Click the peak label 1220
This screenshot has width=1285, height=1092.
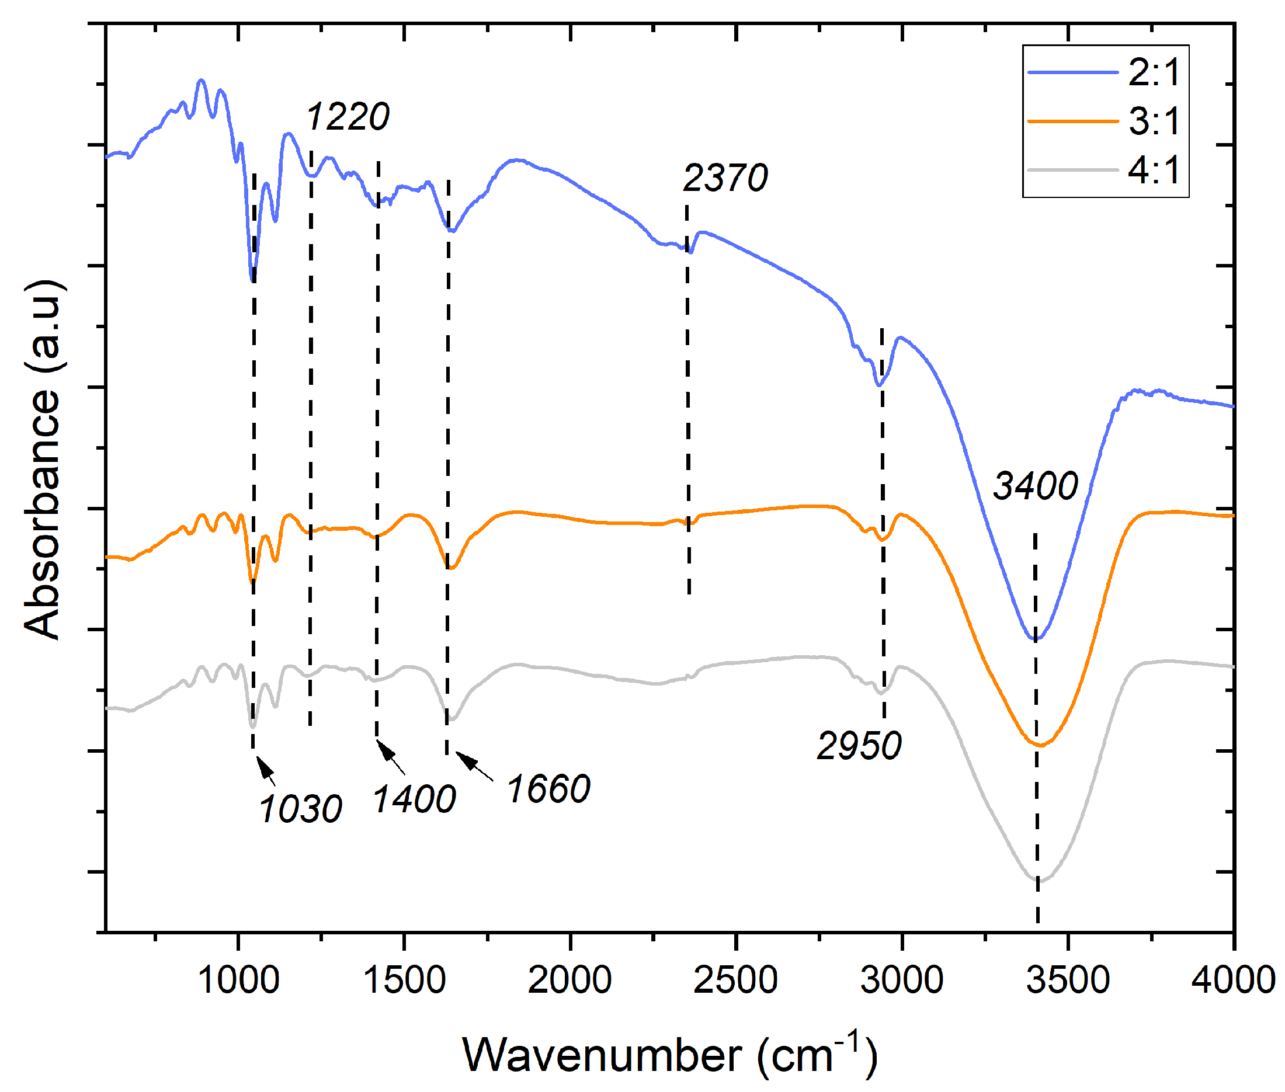(x=348, y=116)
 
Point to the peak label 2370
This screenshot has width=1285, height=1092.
(x=725, y=178)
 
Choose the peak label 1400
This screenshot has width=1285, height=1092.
(x=414, y=799)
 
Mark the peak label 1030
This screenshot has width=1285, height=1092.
(x=300, y=809)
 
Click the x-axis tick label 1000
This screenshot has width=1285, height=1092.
(x=238, y=980)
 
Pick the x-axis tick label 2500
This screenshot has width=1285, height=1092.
(x=736, y=980)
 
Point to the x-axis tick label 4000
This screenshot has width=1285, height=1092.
(x=1233, y=980)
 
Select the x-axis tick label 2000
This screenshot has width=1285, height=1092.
(x=569, y=980)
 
